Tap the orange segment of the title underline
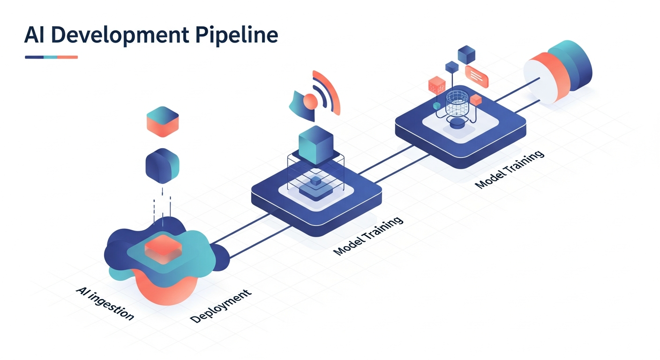[67, 57]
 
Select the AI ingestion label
[105, 304]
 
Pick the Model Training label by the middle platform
[368, 237]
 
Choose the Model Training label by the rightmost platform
[510, 169]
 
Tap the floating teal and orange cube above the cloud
[163, 120]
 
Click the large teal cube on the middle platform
[315, 144]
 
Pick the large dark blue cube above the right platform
[466, 55]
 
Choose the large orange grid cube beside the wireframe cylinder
[436, 85]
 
